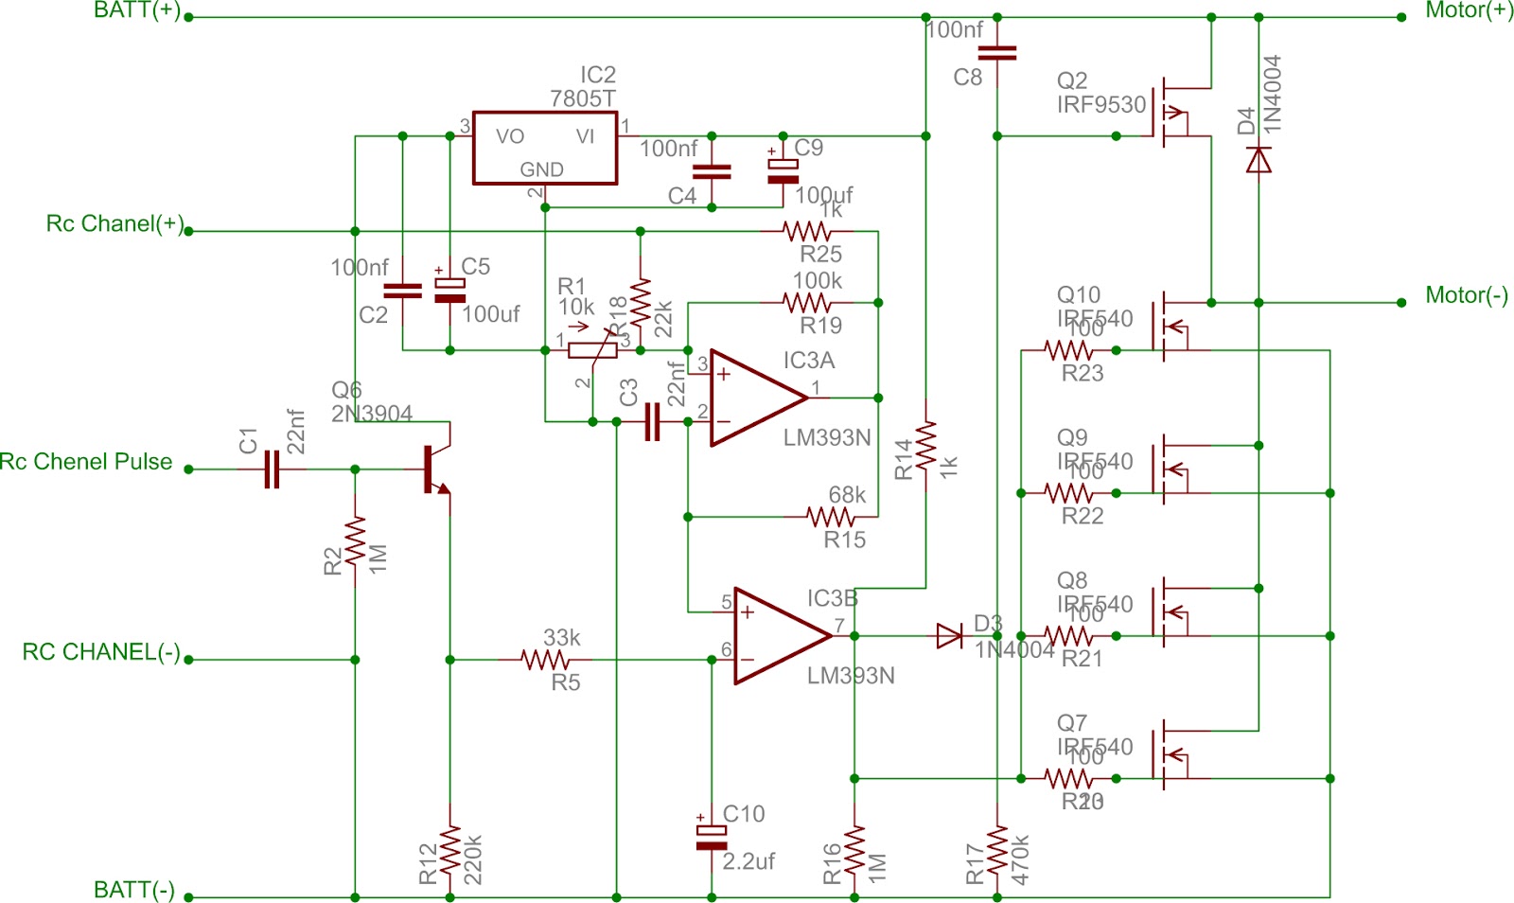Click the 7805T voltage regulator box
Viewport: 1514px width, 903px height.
click(x=545, y=149)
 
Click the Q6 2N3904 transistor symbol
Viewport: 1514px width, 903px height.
click(x=436, y=469)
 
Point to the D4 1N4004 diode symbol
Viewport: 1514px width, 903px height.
click(x=1259, y=160)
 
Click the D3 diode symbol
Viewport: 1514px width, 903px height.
click(x=949, y=635)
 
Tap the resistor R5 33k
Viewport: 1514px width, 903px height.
click(x=546, y=659)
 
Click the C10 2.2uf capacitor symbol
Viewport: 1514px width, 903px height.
click(x=712, y=838)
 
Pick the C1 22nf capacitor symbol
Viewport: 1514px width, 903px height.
click(x=272, y=469)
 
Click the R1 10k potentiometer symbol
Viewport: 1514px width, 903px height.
click(x=592, y=350)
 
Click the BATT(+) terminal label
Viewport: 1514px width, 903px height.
click(x=137, y=11)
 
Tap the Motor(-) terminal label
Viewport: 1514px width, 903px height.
click(x=1466, y=295)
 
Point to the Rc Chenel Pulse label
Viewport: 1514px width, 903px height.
click(x=86, y=462)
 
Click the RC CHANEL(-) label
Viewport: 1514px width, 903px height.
click(x=101, y=652)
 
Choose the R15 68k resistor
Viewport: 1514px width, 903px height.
click(x=831, y=517)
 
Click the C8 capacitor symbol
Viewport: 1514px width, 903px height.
click(x=997, y=53)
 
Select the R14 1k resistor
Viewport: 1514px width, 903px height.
click(x=925, y=445)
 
